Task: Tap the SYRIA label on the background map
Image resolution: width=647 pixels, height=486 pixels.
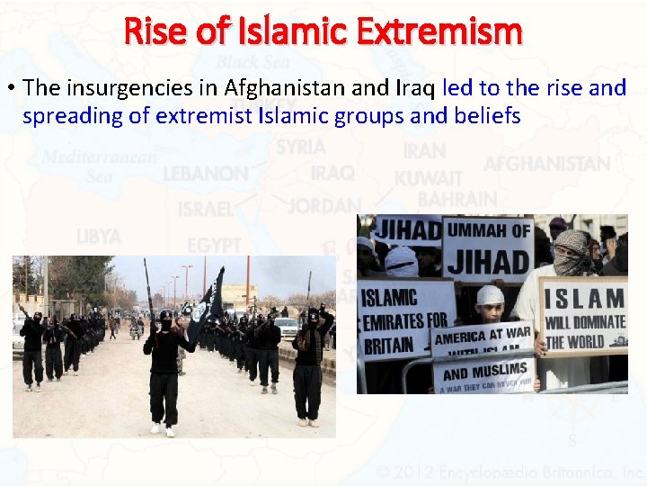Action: coord(300,147)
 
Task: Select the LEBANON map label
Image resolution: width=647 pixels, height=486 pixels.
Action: coord(206,173)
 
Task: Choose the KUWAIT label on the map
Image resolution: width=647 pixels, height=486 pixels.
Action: coord(428,178)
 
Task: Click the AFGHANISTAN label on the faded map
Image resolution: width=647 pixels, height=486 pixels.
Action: coord(546,164)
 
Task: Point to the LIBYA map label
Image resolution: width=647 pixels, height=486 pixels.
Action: coord(99,237)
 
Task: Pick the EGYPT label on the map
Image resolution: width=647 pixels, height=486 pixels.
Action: coord(214,245)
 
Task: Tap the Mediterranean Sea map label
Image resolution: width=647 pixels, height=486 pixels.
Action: coord(99,166)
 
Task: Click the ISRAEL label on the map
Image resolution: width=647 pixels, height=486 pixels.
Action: coord(205,209)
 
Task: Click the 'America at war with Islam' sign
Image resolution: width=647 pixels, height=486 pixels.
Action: coord(483,339)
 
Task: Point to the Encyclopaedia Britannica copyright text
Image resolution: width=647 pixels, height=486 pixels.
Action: coord(510,472)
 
